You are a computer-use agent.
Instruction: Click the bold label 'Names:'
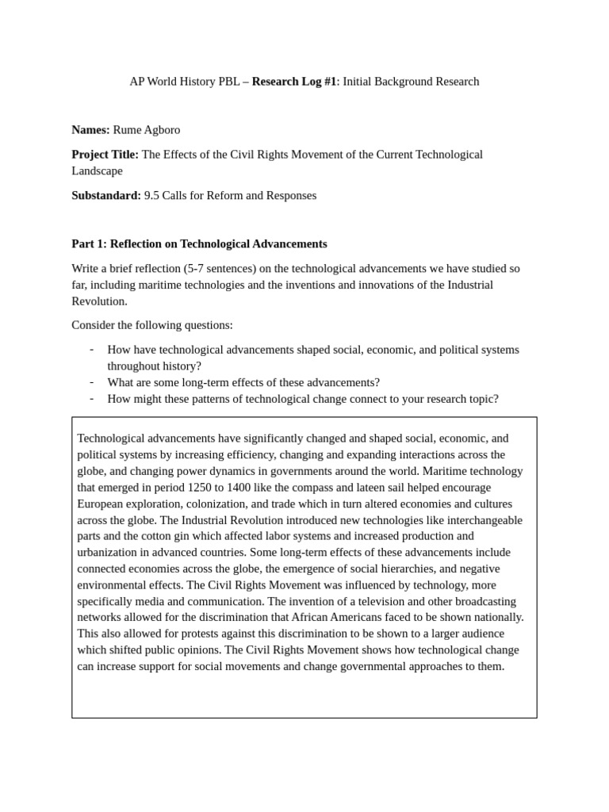pyautogui.click(x=90, y=130)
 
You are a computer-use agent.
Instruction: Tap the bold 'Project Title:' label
pyautogui.click(x=105, y=155)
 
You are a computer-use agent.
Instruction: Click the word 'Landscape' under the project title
pyautogui.click(x=97, y=170)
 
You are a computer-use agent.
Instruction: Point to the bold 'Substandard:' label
pyautogui.click(x=106, y=195)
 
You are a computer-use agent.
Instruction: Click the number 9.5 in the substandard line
pyautogui.click(x=151, y=195)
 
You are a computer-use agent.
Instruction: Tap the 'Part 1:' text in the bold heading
pyautogui.click(x=89, y=244)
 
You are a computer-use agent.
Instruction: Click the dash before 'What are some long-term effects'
pyautogui.click(x=92, y=382)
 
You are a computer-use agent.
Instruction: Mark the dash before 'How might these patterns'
pyautogui.click(x=92, y=398)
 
